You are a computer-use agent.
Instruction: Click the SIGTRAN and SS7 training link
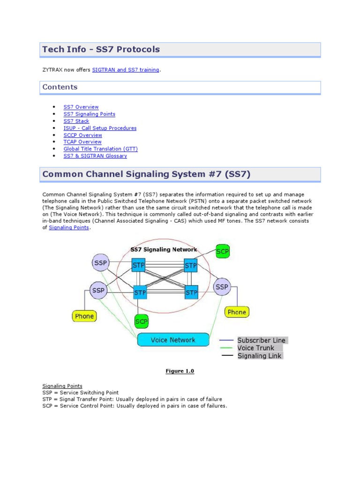pyautogui.click(x=126, y=70)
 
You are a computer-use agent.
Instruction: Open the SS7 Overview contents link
pyautogui.click(x=81, y=107)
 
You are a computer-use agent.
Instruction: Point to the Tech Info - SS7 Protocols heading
pyautogui.click(x=101, y=49)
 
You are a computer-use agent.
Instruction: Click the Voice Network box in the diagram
pyautogui.click(x=173, y=340)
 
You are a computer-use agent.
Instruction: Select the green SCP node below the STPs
pyautogui.click(x=141, y=322)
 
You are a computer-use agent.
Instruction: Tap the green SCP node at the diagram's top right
pyautogui.click(x=223, y=252)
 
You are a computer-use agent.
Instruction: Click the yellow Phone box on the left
pyautogui.click(x=84, y=316)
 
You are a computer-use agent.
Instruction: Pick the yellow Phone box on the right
pyautogui.click(x=237, y=312)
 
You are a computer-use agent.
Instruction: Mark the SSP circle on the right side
pyautogui.click(x=222, y=286)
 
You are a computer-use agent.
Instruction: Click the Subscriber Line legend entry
pyautogui.click(x=261, y=340)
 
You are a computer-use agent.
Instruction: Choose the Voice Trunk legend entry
pyautogui.click(x=255, y=348)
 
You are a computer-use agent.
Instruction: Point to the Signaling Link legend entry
pyautogui.click(x=259, y=356)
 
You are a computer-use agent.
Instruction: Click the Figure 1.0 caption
pyautogui.click(x=180, y=371)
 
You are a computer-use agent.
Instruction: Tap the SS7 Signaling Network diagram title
pyautogui.click(x=164, y=250)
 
